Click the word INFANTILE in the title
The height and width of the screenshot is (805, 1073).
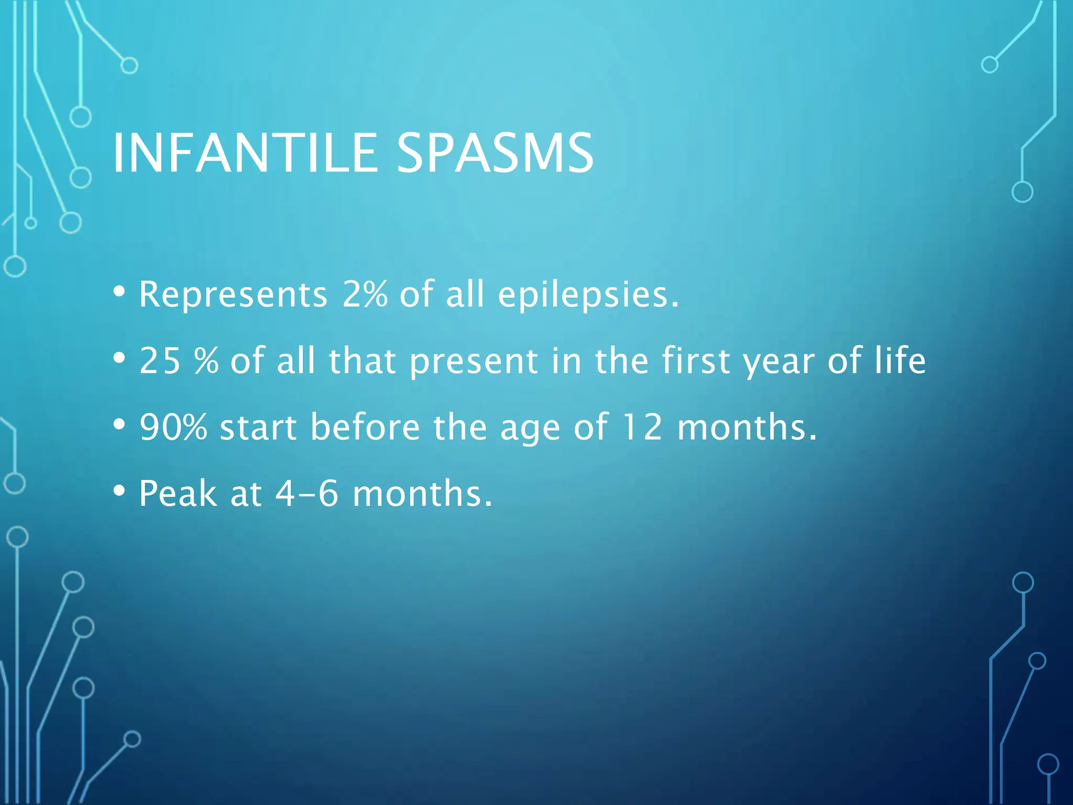[245, 153]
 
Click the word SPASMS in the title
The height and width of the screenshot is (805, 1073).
[495, 153]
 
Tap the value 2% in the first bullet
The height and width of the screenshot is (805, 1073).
[365, 294]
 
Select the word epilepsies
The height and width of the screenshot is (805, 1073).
[588, 295]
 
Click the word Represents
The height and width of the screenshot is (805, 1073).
[233, 295]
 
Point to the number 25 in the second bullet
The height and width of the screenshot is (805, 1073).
[160, 361]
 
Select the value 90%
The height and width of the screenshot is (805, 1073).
[173, 427]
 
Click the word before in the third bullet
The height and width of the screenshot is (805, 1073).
[365, 427]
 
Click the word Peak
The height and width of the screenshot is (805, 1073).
[178, 494]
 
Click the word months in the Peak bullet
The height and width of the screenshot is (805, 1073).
[422, 494]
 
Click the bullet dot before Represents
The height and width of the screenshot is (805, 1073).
[119, 291]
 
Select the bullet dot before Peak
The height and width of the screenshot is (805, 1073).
[119, 491]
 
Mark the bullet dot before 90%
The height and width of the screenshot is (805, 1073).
[119, 425]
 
